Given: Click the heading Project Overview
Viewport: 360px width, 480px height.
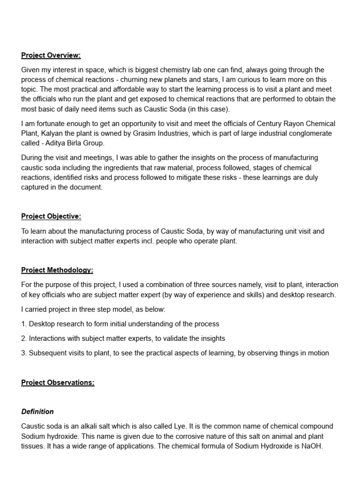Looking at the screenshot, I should (51, 55).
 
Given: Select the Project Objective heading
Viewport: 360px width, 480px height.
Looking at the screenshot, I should (51, 216).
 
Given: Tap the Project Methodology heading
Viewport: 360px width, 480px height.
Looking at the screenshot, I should (57, 270).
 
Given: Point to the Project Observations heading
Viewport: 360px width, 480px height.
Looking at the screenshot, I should (58, 382).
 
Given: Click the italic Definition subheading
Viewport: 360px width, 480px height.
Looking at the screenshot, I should (37, 412).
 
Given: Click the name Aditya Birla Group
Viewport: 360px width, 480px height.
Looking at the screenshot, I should (75, 143).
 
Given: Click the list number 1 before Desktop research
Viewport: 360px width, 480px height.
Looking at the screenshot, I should (23, 324).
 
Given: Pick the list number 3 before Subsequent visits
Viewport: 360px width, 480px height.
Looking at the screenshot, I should (23, 353).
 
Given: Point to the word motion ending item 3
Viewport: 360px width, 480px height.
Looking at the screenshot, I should (318, 353).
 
